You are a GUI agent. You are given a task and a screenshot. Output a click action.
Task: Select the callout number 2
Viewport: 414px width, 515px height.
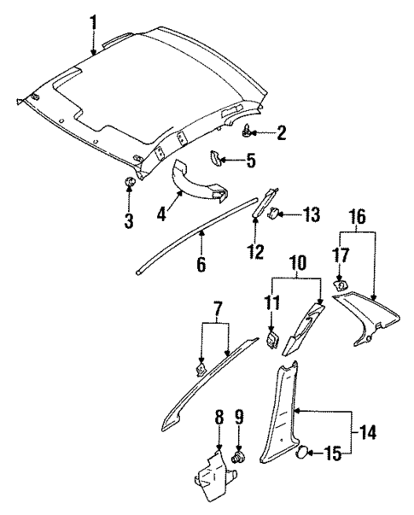point(282,132)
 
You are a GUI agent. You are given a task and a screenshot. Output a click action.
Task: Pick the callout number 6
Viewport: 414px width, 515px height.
point(201,264)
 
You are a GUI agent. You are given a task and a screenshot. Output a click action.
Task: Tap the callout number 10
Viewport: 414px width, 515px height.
point(297,262)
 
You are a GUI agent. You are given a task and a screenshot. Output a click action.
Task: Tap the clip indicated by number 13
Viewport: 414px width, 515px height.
point(271,214)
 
